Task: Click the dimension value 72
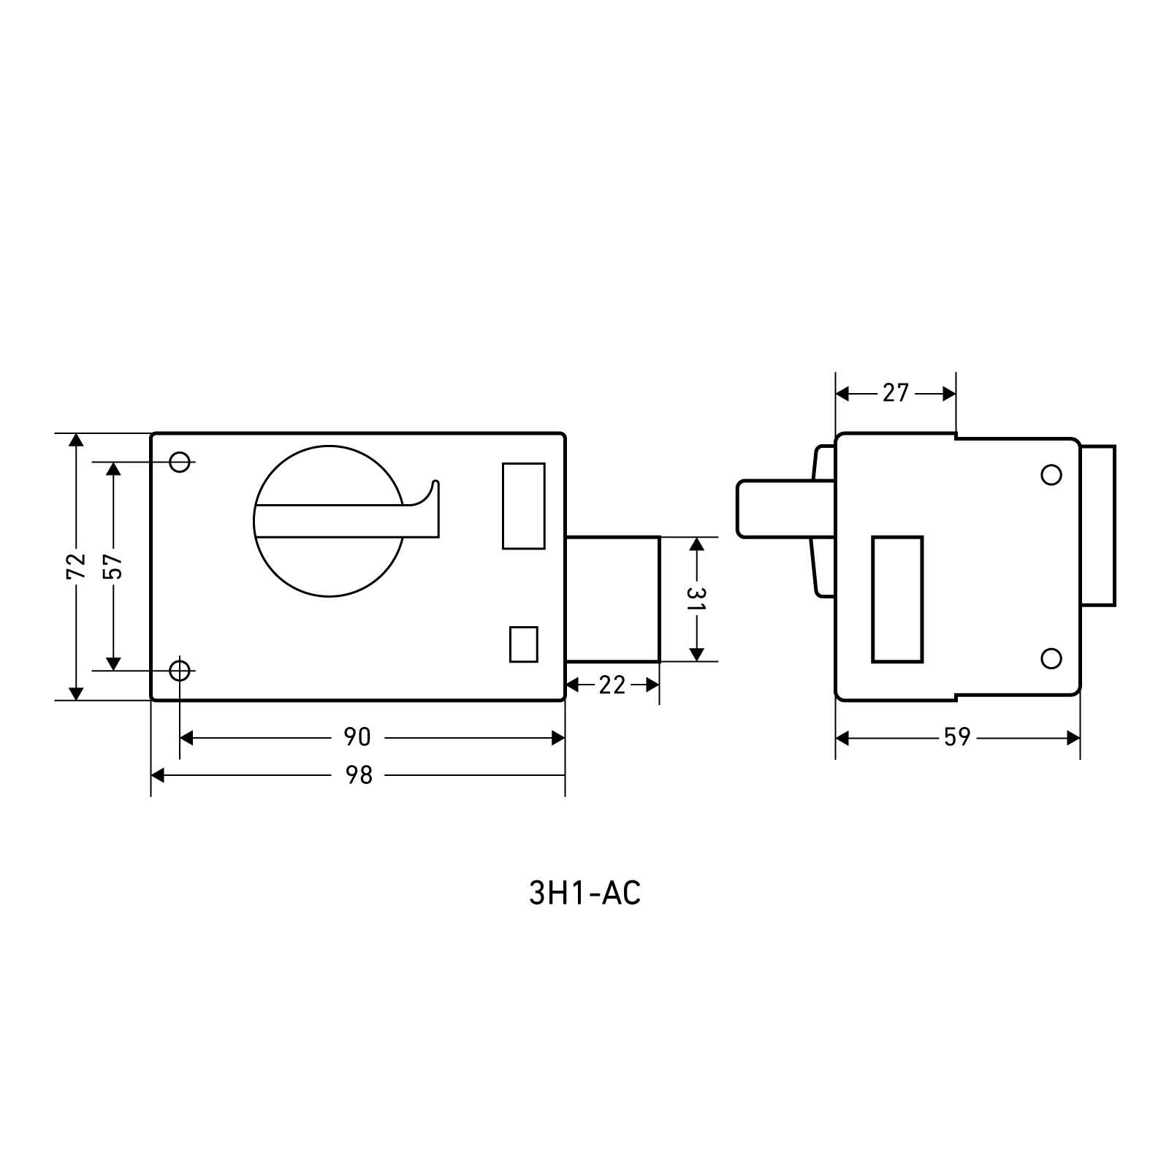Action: point(76,566)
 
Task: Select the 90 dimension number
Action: point(357,737)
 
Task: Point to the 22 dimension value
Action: point(612,685)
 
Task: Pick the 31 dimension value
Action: point(696,598)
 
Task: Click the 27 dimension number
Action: point(896,393)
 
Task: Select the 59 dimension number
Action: point(957,738)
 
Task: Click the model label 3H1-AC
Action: point(584,893)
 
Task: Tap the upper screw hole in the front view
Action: point(180,462)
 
